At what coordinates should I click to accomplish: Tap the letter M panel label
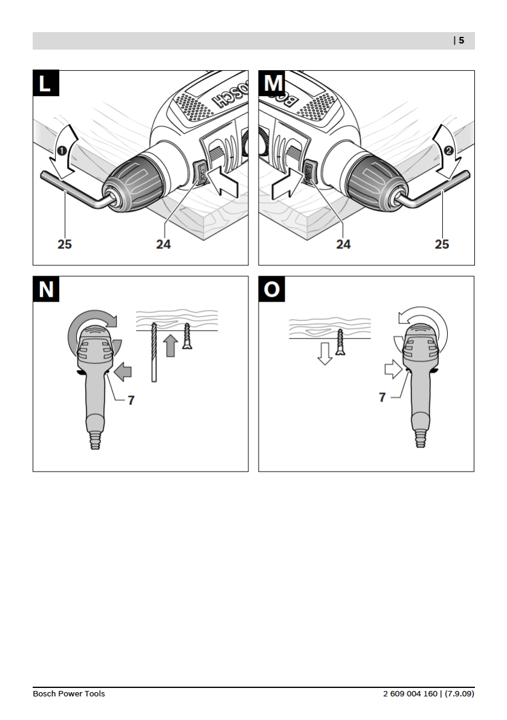pyautogui.click(x=272, y=83)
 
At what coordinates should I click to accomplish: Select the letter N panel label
pyautogui.click(x=46, y=290)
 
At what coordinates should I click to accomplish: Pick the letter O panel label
pyautogui.click(x=272, y=290)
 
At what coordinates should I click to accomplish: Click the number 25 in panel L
pyautogui.click(x=65, y=244)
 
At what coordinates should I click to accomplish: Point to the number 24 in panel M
pyautogui.click(x=343, y=244)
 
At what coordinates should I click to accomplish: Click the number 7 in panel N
pyautogui.click(x=131, y=400)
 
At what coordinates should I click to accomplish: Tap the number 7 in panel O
pyautogui.click(x=382, y=398)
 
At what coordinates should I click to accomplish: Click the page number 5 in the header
pyautogui.click(x=461, y=41)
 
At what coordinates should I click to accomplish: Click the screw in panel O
pyautogui.click(x=341, y=342)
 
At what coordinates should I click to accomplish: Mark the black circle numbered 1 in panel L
pyautogui.click(x=62, y=150)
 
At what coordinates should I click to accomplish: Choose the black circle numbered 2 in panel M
pyautogui.click(x=448, y=150)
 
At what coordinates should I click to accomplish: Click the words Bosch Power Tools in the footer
pyautogui.click(x=69, y=693)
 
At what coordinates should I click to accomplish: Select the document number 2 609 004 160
pyautogui.click(x=410, y=693)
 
